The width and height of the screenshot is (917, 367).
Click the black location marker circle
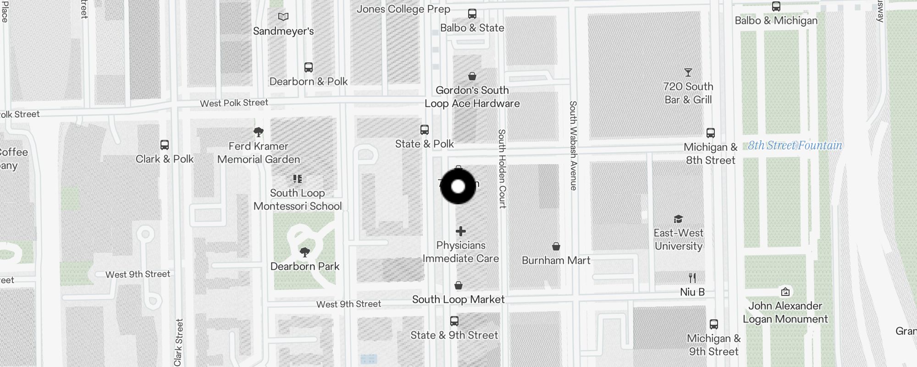tap(458, 186)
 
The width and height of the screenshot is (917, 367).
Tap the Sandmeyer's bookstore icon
tap(283, 17)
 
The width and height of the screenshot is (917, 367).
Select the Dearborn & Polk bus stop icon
tap(309, 67)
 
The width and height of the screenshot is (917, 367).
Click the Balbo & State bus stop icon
tap(472, 14)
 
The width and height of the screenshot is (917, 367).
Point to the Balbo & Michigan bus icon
tap(776, 6)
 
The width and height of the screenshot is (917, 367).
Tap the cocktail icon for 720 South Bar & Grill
tap(688, 72)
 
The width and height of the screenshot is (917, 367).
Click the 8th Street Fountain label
tap(795, 145)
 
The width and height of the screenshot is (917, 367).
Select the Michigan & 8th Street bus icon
tap(711, 133)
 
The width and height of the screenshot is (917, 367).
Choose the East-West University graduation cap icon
tap(678, 219)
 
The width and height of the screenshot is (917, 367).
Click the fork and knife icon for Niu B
tap(692, 278)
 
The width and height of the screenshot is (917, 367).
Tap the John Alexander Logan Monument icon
tap(785, 292)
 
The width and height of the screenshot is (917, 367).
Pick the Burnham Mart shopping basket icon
tap(556, 246)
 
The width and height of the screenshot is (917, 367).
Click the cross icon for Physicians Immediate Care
tap(461, 231)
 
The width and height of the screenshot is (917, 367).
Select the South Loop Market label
tap(458, 300)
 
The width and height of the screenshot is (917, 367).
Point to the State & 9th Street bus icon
tap(454, 321)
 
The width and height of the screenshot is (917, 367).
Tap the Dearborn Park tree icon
tap(304, 252)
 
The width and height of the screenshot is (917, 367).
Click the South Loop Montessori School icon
tap(298, 179)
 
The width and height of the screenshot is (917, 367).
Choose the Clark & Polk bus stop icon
tap(165, 145)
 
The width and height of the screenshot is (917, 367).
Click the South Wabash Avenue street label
tap(573, 145)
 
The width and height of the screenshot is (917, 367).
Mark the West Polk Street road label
tap(234, 103)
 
